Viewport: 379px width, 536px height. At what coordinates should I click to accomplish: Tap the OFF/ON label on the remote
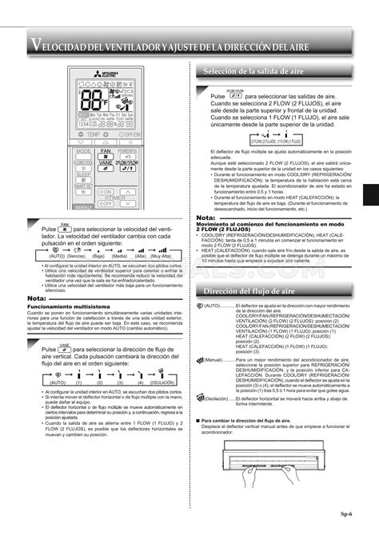click(130, 135)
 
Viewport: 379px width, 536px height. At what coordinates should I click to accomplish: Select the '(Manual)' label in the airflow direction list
click(215, 361)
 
